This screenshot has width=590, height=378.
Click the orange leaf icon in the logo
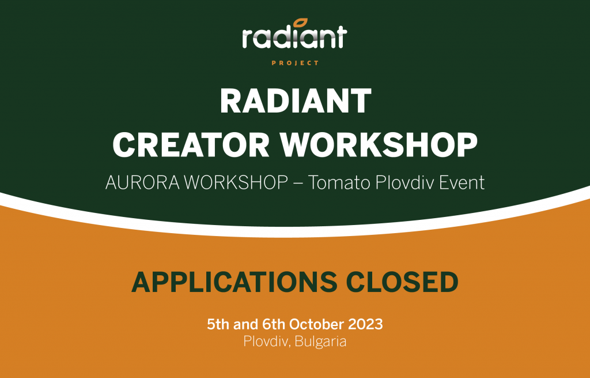[299, 23]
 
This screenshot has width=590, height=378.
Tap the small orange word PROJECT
[295, 63]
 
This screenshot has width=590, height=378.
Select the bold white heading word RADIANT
[295, 102]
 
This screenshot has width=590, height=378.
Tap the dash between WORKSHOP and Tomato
[297, 184]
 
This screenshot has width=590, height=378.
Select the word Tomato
[335, 184]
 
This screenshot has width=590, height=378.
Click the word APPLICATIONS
[235, 282]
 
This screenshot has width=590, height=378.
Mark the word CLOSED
[403, 282]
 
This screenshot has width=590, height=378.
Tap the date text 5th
[218, 324]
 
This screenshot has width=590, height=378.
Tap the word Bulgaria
[322, 342]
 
